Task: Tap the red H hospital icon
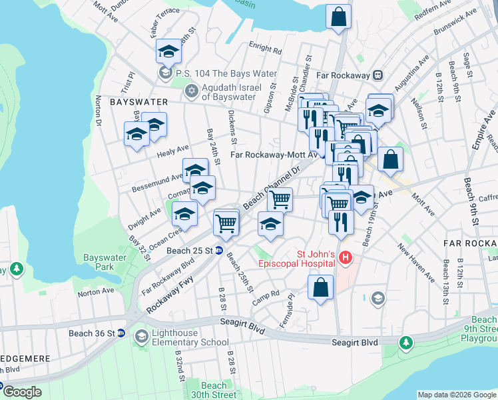tap(346, 257)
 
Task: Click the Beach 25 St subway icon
tap(227, 251)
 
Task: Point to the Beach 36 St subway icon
tap(122, 333)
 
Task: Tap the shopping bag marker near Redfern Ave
tap(338, 16)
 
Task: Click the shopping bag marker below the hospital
tap(321, 287)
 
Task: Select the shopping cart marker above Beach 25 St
tap(226, 223)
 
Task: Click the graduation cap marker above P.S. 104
tap(168, 51)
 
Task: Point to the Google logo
tap(21, 392)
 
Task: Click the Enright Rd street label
tap(266, 48)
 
